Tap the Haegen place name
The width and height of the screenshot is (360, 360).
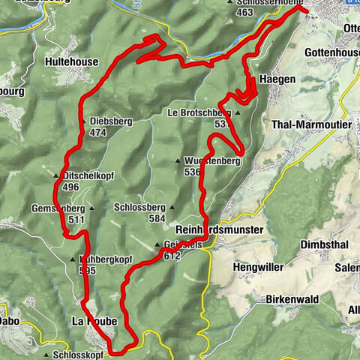pyautogui.click(x=274, y=78)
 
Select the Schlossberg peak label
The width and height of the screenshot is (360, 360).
pyautogui.click(x=139, y=207)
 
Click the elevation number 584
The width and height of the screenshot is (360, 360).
pyautogui.click(x=156, y=218)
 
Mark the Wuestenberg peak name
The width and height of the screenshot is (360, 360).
pyautogui.click(x=211, y=160)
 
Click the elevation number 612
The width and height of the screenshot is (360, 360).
pyautogui.click(x=172, y=256)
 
